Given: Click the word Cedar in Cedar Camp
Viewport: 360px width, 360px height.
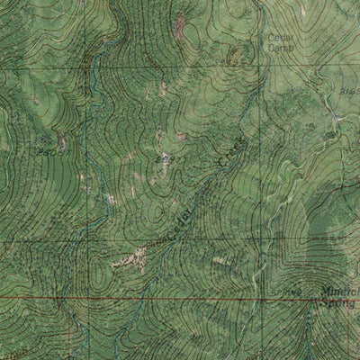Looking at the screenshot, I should tap(274, 38).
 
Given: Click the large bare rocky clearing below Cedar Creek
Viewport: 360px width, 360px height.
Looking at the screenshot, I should tap(132, 259).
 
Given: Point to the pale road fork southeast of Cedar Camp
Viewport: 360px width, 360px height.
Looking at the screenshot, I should tap(335, 120).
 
